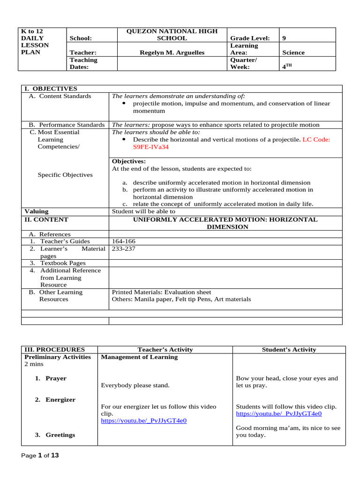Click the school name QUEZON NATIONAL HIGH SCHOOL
[172, 35]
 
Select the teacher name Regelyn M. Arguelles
[172, 52]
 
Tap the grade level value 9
[284, 38]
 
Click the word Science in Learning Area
[293, 52]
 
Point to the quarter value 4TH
[286, 67]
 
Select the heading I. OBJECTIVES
[51, 89]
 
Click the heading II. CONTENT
[46, 219]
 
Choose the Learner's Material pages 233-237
[123, 249]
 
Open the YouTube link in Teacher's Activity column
[143, 421]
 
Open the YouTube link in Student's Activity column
[278, 414]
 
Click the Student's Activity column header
[289, 350]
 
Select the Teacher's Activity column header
[165, 350]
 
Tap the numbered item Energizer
[60, 400]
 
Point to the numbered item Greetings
[60, 435]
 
